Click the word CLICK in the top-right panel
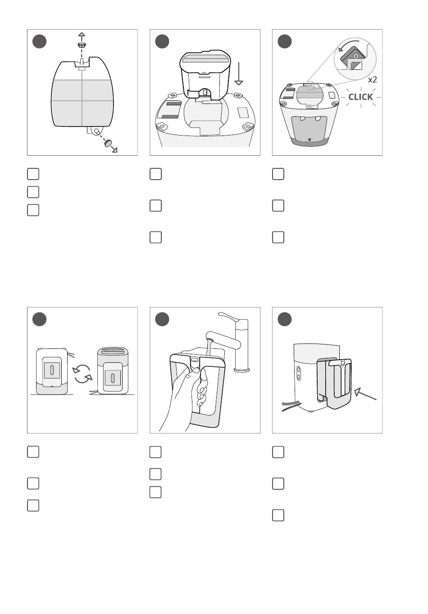click(x=360, y=97)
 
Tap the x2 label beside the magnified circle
click(x=372, y=80)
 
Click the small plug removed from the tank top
click(x=82, y=45)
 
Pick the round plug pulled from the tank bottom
click(x=108, y=144)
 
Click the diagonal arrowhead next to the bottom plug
click(x=115, y=150)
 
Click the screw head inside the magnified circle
click(x=356, y=56)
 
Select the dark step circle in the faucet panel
click(x=162, y=319)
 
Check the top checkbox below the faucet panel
click(x=155, y=451)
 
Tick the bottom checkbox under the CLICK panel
click(x=278, y=237)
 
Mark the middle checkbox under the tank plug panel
click(x=33, y=192)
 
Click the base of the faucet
click(x=241, y=370)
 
